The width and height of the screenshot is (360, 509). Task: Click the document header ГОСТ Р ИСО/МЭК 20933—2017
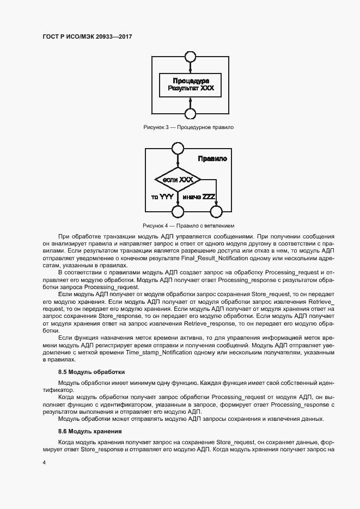88,36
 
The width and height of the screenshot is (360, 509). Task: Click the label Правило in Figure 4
212,159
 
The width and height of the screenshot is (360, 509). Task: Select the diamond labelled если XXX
178,179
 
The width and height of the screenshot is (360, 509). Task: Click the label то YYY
162,197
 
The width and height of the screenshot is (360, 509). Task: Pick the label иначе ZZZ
199,197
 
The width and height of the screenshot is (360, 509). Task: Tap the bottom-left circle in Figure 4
178,211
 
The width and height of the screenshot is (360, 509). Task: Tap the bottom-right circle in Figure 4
216,211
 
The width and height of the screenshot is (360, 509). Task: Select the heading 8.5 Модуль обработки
91,372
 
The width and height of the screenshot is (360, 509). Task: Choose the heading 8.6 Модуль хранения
90,431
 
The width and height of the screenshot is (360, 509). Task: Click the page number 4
44,462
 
